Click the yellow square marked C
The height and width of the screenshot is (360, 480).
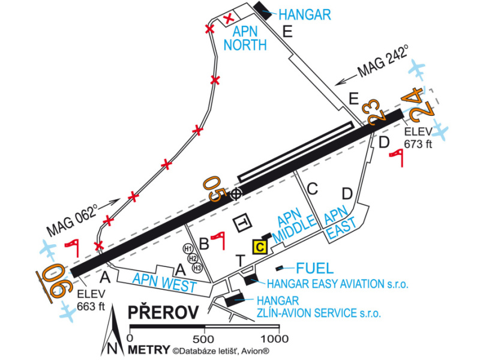259,247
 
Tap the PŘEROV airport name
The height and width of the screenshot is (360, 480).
163,313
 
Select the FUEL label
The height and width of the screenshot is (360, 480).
315,268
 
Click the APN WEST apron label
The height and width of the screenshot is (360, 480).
164,283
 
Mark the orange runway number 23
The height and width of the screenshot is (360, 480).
377,112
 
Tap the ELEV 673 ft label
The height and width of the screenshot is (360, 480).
418,137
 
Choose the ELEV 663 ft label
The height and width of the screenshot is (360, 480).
90,299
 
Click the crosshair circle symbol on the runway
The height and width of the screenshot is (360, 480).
236,193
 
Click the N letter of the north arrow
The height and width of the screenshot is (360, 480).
112,349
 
